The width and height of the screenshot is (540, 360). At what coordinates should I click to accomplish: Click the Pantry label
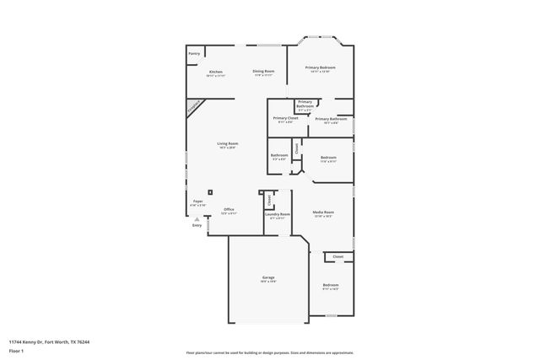coord(194,53)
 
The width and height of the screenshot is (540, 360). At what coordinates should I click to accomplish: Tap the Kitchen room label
coord(216,73)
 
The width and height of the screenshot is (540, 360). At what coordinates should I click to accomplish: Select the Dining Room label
coord(264,72)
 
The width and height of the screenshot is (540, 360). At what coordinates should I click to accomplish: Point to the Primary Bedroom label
coord(321,67)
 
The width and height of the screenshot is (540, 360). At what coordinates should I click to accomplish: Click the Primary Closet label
coord(286,118)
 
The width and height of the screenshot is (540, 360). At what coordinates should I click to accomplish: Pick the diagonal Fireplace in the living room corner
coord(196,108)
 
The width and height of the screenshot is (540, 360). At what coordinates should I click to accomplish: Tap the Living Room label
coord(227,144)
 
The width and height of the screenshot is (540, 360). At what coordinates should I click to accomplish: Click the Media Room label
coord(323,212)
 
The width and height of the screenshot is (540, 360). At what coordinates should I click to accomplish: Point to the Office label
coord(229,210)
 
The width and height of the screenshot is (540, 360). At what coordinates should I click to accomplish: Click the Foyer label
coord(197,202)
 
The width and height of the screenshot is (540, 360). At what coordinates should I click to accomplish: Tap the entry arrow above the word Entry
coord(197,218)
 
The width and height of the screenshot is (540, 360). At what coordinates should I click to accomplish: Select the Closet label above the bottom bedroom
coord(337,255)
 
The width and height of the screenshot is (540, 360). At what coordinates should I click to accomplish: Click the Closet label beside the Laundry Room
coord(270,200)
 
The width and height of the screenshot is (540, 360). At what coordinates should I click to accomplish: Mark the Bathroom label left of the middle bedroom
coord(279,156)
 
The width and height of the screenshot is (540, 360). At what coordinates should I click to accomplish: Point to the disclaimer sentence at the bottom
coord(269,352)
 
